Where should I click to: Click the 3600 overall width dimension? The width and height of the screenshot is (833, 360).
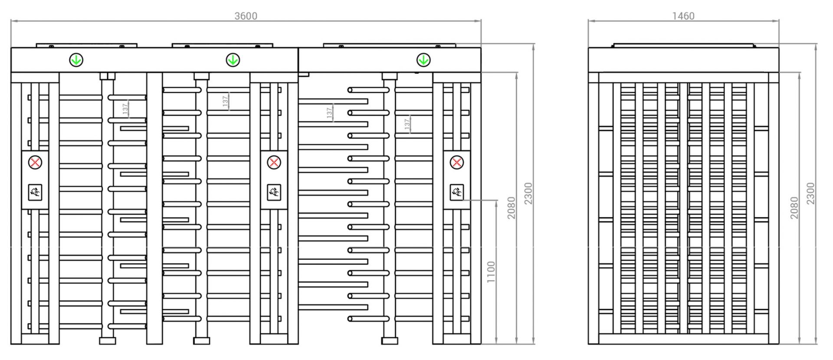(246, 16)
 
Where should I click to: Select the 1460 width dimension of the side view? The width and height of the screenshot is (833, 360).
(683, 16)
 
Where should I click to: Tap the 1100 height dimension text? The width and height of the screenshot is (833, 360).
(491, 272)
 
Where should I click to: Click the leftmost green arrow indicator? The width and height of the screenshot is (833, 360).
(76, 60)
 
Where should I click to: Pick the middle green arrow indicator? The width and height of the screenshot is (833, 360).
(233, 60)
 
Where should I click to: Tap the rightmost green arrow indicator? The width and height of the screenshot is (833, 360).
(423, 60)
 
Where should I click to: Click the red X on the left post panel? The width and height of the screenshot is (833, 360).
(35, 163)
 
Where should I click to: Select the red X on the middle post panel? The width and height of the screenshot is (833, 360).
(274, 163)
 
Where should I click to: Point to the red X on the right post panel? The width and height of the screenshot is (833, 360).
(456, 163)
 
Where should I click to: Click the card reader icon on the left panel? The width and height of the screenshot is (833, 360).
(35, 192)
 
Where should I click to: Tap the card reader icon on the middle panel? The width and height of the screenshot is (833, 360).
(274, 192)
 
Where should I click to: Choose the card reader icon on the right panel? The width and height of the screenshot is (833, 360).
(456, 192)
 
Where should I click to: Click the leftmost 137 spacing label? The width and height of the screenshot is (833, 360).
(125, 109)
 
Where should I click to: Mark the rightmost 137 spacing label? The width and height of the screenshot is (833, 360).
(407, 124)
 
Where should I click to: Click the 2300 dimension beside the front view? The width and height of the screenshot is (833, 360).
(528, 193)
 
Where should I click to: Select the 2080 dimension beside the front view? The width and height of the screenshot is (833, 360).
(512, 208)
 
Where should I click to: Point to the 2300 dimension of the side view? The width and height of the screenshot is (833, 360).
(810, 193)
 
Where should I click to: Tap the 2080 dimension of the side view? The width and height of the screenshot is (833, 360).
(794, 208)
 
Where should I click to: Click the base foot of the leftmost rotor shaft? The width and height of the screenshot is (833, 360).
(108, 341)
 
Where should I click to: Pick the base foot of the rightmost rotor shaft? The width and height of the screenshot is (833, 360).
(390, 341)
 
